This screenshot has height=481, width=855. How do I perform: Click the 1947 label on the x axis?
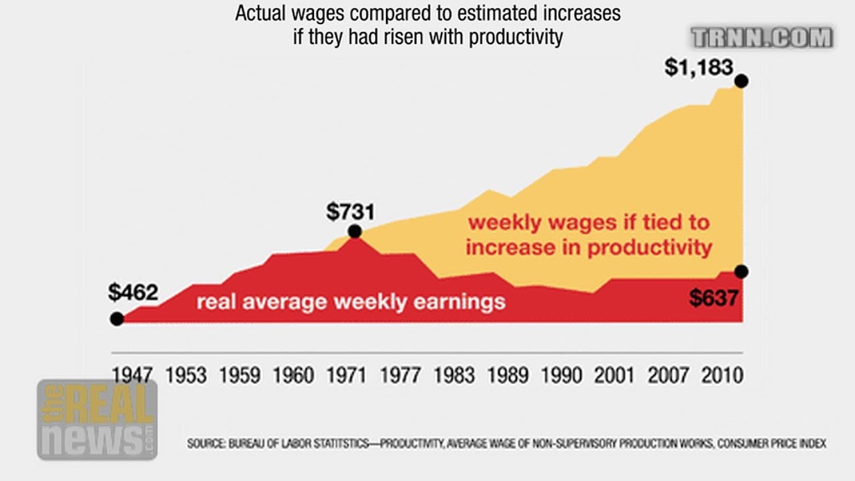click(x=132, y=375)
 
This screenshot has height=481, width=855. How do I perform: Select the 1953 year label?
click(x=186, y=375)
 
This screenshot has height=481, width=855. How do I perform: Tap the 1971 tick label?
click(x=347, y=375)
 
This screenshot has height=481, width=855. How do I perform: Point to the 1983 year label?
click(x=454, y=375)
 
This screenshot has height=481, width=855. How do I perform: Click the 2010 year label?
click(x=722, y=375)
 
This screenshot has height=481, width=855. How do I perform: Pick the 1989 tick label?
click(x=508, y=375)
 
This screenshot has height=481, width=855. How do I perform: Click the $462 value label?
click(x=133, y=293)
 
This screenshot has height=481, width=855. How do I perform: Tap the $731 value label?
click(x=351, y=212)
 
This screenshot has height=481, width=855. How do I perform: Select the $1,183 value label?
click(x=699, y=67)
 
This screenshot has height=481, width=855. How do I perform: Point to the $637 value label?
click(x=713, y=298)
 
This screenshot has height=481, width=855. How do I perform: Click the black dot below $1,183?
click(x=740, y=82)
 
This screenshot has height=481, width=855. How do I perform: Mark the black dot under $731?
click(x=355, y=232)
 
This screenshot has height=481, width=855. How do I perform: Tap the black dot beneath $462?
click(x=117, y=319)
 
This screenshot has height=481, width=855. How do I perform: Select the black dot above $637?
click(x=740, y=271)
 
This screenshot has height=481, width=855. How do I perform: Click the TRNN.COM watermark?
click(x=762, y=38)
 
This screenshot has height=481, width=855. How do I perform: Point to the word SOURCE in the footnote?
click(x=206, y=444)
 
